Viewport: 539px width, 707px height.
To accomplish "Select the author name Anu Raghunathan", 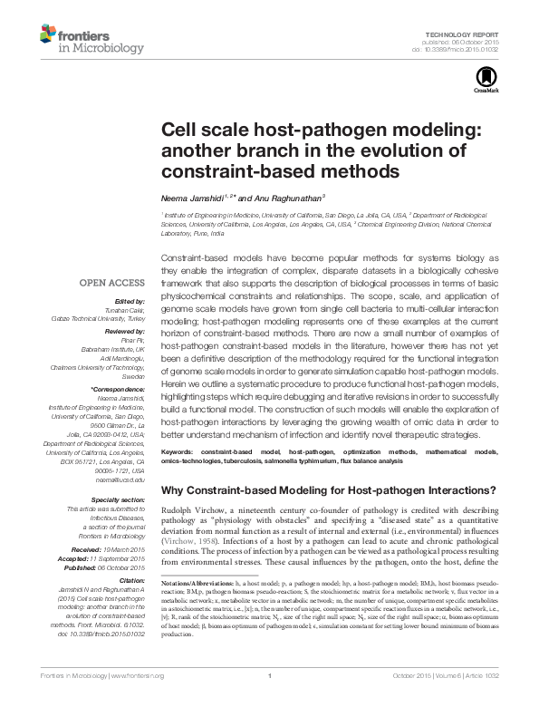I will tap(281, 198).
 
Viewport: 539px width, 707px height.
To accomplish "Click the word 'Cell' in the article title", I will tap(180, 131).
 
